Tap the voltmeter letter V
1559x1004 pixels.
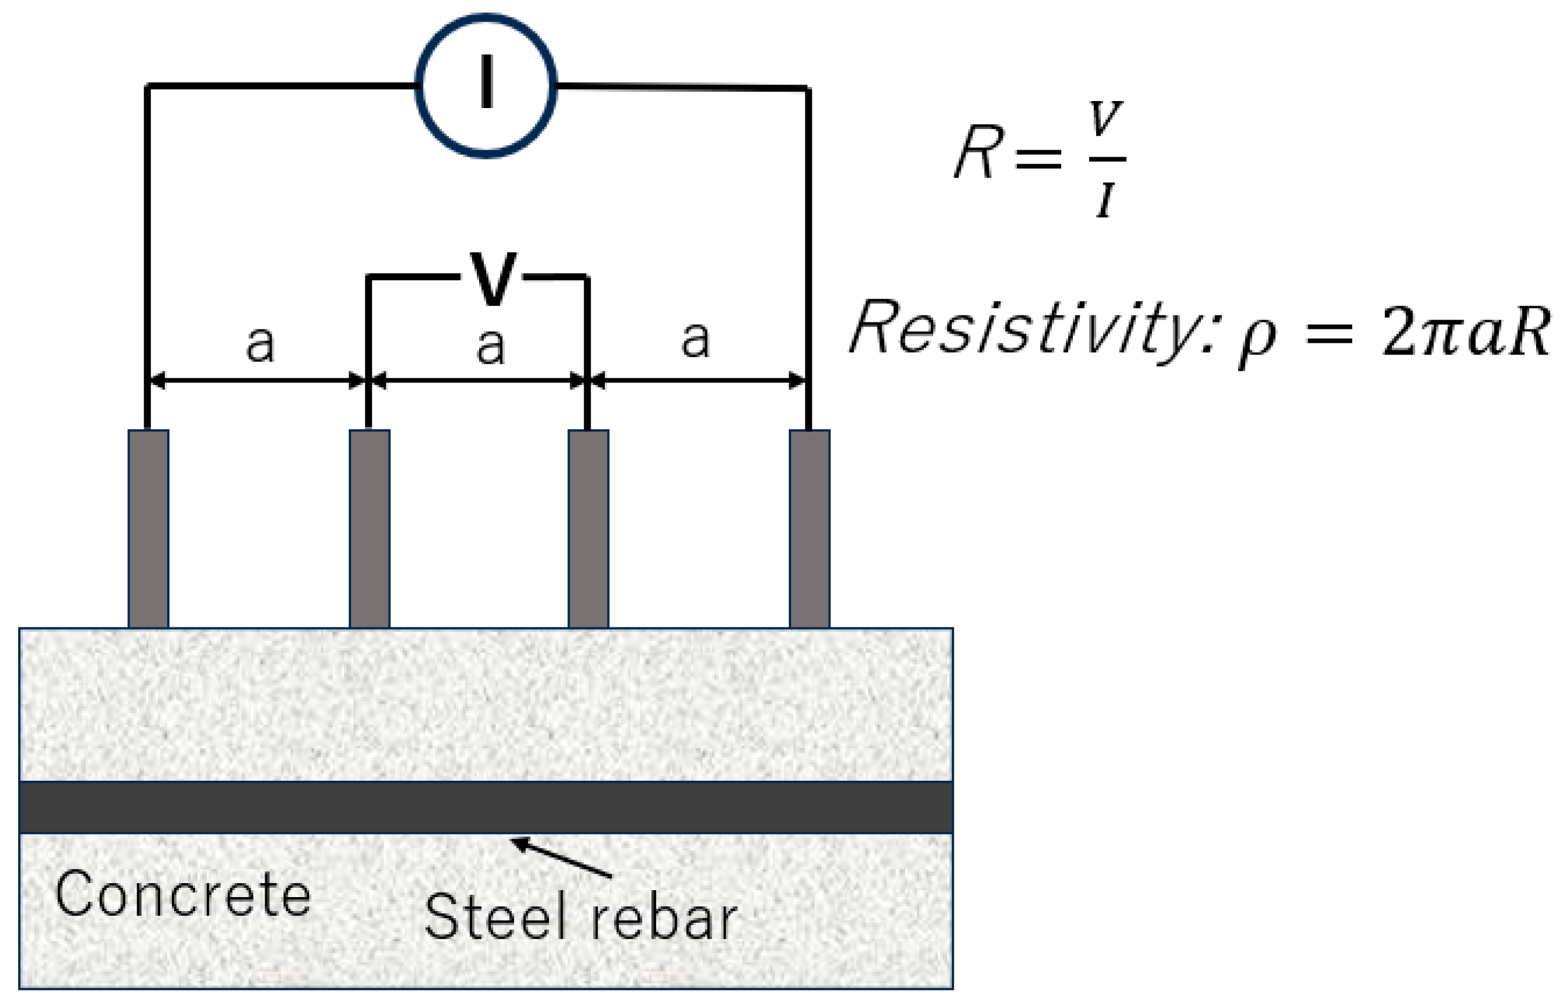[x=493, y=279]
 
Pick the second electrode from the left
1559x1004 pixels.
[x=370, y=529]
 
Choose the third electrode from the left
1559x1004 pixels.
[x=588, y=529]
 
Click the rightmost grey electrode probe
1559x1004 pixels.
[x=809, y=529]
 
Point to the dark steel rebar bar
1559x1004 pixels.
[x=486, y=807]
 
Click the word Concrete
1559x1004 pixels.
[x=183, y=894]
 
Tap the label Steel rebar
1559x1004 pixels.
[x=581, y=916]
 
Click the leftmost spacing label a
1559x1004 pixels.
[x=260, y=343]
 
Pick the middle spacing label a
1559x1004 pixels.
[x=490, y=346]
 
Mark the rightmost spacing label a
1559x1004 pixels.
[x=695, y=339]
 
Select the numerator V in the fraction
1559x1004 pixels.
[x=1106, y=118]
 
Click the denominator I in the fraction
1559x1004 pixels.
[x=1106, y=200]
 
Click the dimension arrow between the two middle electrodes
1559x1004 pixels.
[x=479, y=380]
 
